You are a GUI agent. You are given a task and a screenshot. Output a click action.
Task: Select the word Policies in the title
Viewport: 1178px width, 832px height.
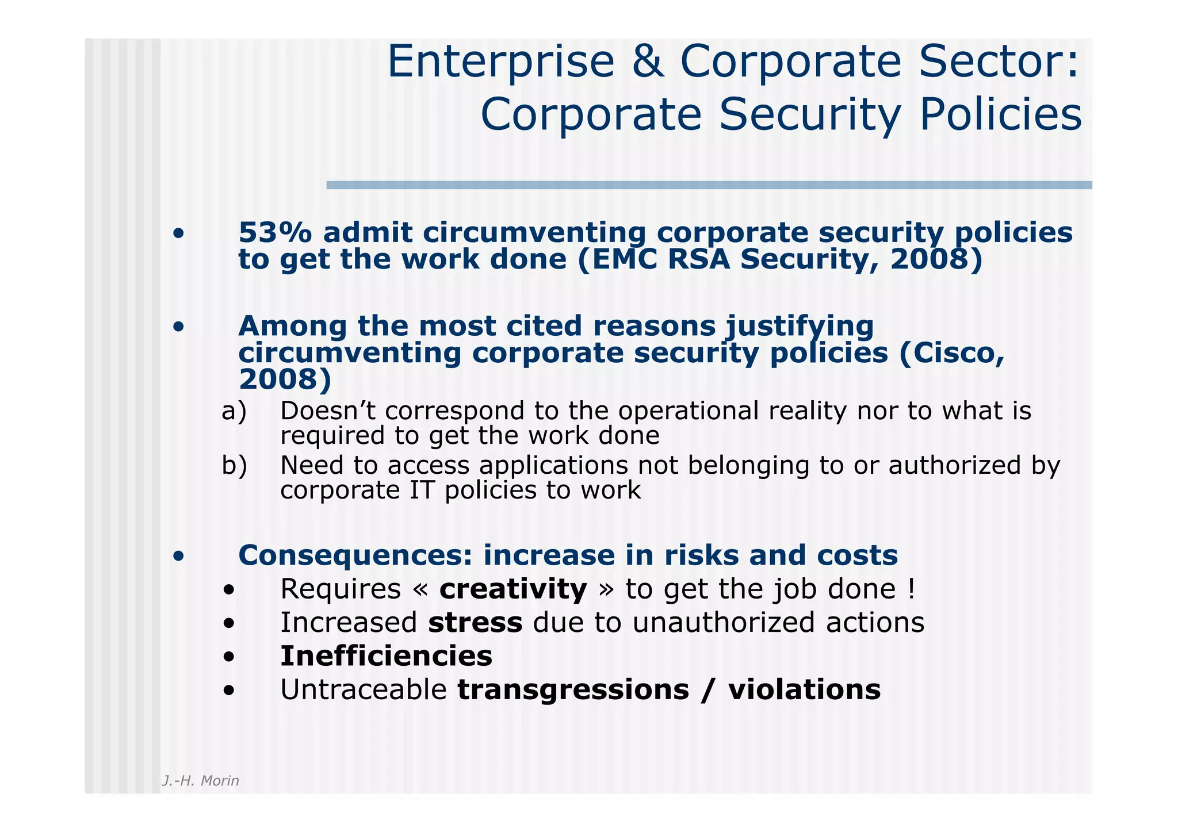[1000, 114]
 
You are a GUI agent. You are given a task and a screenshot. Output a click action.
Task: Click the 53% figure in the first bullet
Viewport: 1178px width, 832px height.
[275, 233]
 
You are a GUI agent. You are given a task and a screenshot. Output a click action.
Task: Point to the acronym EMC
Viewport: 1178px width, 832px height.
[622, 259]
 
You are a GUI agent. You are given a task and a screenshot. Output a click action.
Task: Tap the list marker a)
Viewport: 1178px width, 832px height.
[234, 411]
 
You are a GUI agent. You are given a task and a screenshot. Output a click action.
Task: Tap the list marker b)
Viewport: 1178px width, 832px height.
[234, 465]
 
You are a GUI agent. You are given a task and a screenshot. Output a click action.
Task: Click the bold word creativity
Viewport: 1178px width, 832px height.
[513, 589]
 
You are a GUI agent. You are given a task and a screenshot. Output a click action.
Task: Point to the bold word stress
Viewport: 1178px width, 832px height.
[475, 623]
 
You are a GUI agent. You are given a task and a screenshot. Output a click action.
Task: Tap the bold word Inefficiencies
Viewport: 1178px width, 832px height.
[386, 656]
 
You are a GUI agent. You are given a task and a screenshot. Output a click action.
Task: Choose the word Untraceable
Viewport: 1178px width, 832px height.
[364, 689]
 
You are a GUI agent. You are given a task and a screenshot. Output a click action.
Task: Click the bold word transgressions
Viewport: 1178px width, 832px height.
[573, 689]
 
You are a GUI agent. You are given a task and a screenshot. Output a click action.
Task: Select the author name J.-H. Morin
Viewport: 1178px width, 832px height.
[200, 781]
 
